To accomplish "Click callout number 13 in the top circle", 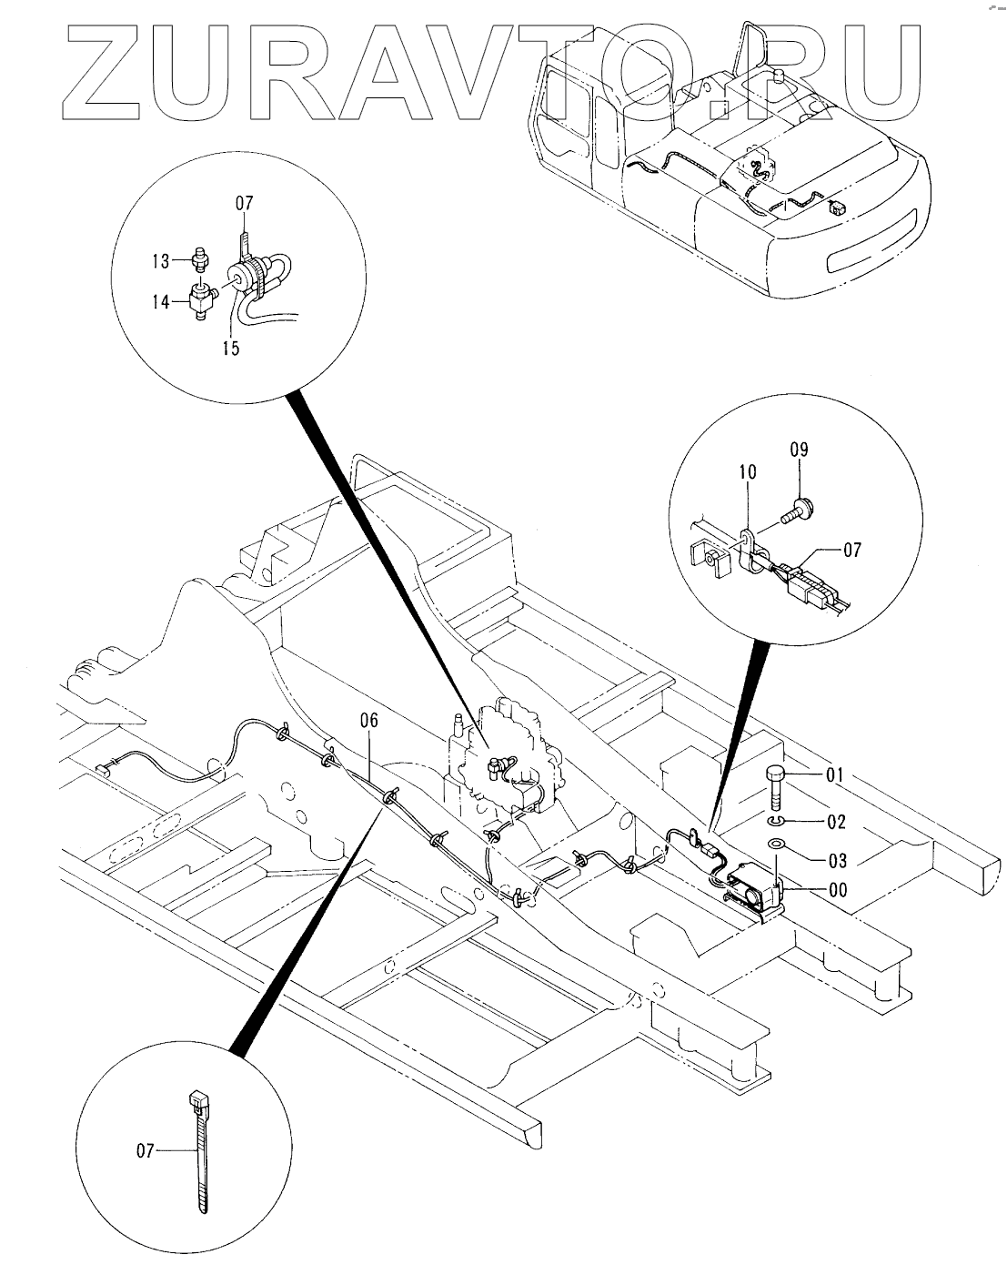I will coord(159,261).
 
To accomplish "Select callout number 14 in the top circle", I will coord(160,301).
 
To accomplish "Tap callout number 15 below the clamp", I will coord(230,348).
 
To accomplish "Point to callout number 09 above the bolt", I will coord(799,450).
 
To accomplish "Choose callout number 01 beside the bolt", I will coord(835,775).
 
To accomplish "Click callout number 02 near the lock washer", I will coord(836,822).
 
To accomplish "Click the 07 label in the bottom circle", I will coord(146,1151).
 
